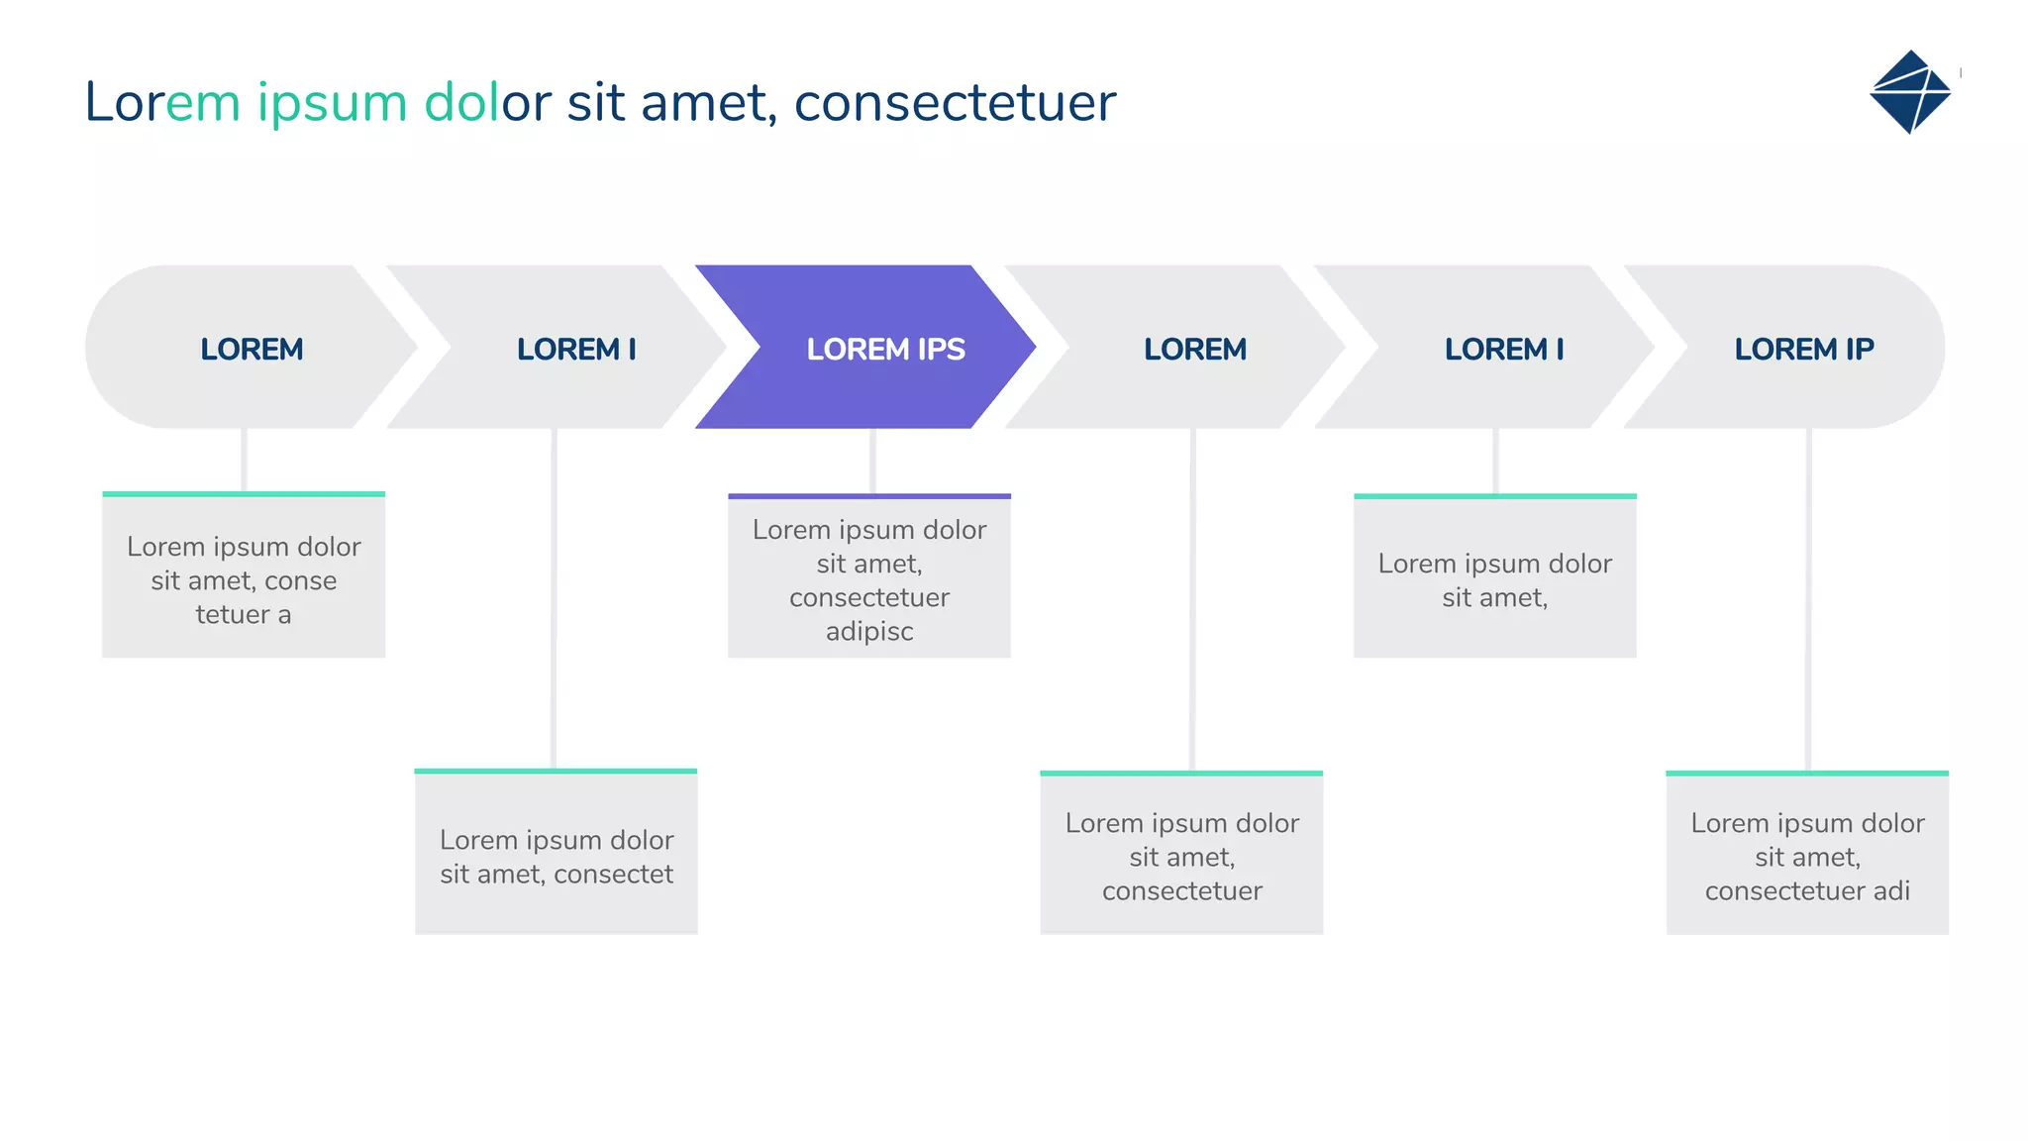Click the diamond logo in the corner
(x=1909, y=92)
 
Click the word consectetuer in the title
(x=955, y=103)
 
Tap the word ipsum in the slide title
(x=332, y=103)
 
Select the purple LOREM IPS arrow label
(x=885, y=349)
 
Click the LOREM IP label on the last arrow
(x=1803, y=349)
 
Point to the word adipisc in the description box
(x=869, y=631)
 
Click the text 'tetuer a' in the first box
(x=244, y=614)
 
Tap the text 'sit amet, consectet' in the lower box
(x=556, y=874)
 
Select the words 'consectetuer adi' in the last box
(x=1807, y=890)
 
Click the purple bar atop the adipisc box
(x=869, y=495)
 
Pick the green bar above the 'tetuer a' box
(x=244, y=493)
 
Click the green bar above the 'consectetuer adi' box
(x=1807, y=773)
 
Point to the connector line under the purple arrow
(x=872, y=461)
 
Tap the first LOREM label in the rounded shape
(x=252, y=349)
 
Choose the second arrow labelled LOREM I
(x=576, y=349)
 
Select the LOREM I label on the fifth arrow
(x=1504, y=349)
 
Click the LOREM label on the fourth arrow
(x=1195, y=349)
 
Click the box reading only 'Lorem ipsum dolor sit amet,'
(x=1494, y=580)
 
